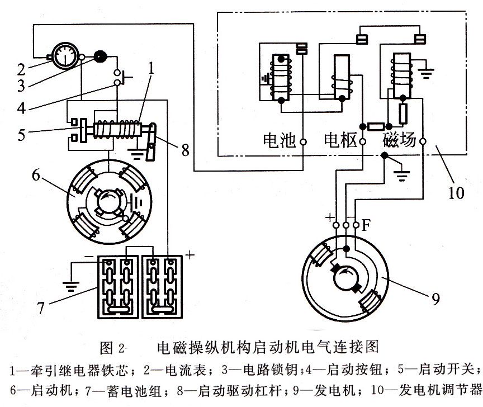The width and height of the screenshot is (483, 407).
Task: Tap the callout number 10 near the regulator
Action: pos(456,193)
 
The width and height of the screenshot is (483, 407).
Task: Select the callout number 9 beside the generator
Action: pos(436,299)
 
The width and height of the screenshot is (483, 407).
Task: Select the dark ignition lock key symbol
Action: pos(101,56)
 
